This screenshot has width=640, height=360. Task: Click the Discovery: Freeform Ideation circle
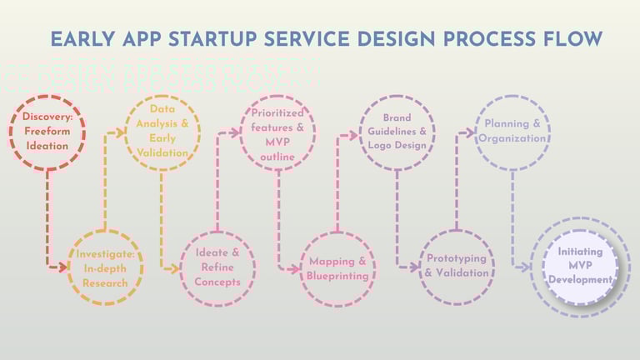click(47, 131)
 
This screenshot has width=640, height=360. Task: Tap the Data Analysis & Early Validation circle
click(162, 131)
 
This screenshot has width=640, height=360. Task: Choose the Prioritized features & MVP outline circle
click(278, 131)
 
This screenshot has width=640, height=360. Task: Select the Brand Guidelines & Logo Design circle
click(397, 131)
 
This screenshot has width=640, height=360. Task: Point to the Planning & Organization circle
click(512, 131)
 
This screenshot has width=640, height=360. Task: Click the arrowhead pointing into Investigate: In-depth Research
click(63, 267)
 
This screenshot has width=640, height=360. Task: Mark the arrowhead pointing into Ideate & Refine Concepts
click(176, 268)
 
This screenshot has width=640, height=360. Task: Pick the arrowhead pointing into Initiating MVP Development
click(527, 268)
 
